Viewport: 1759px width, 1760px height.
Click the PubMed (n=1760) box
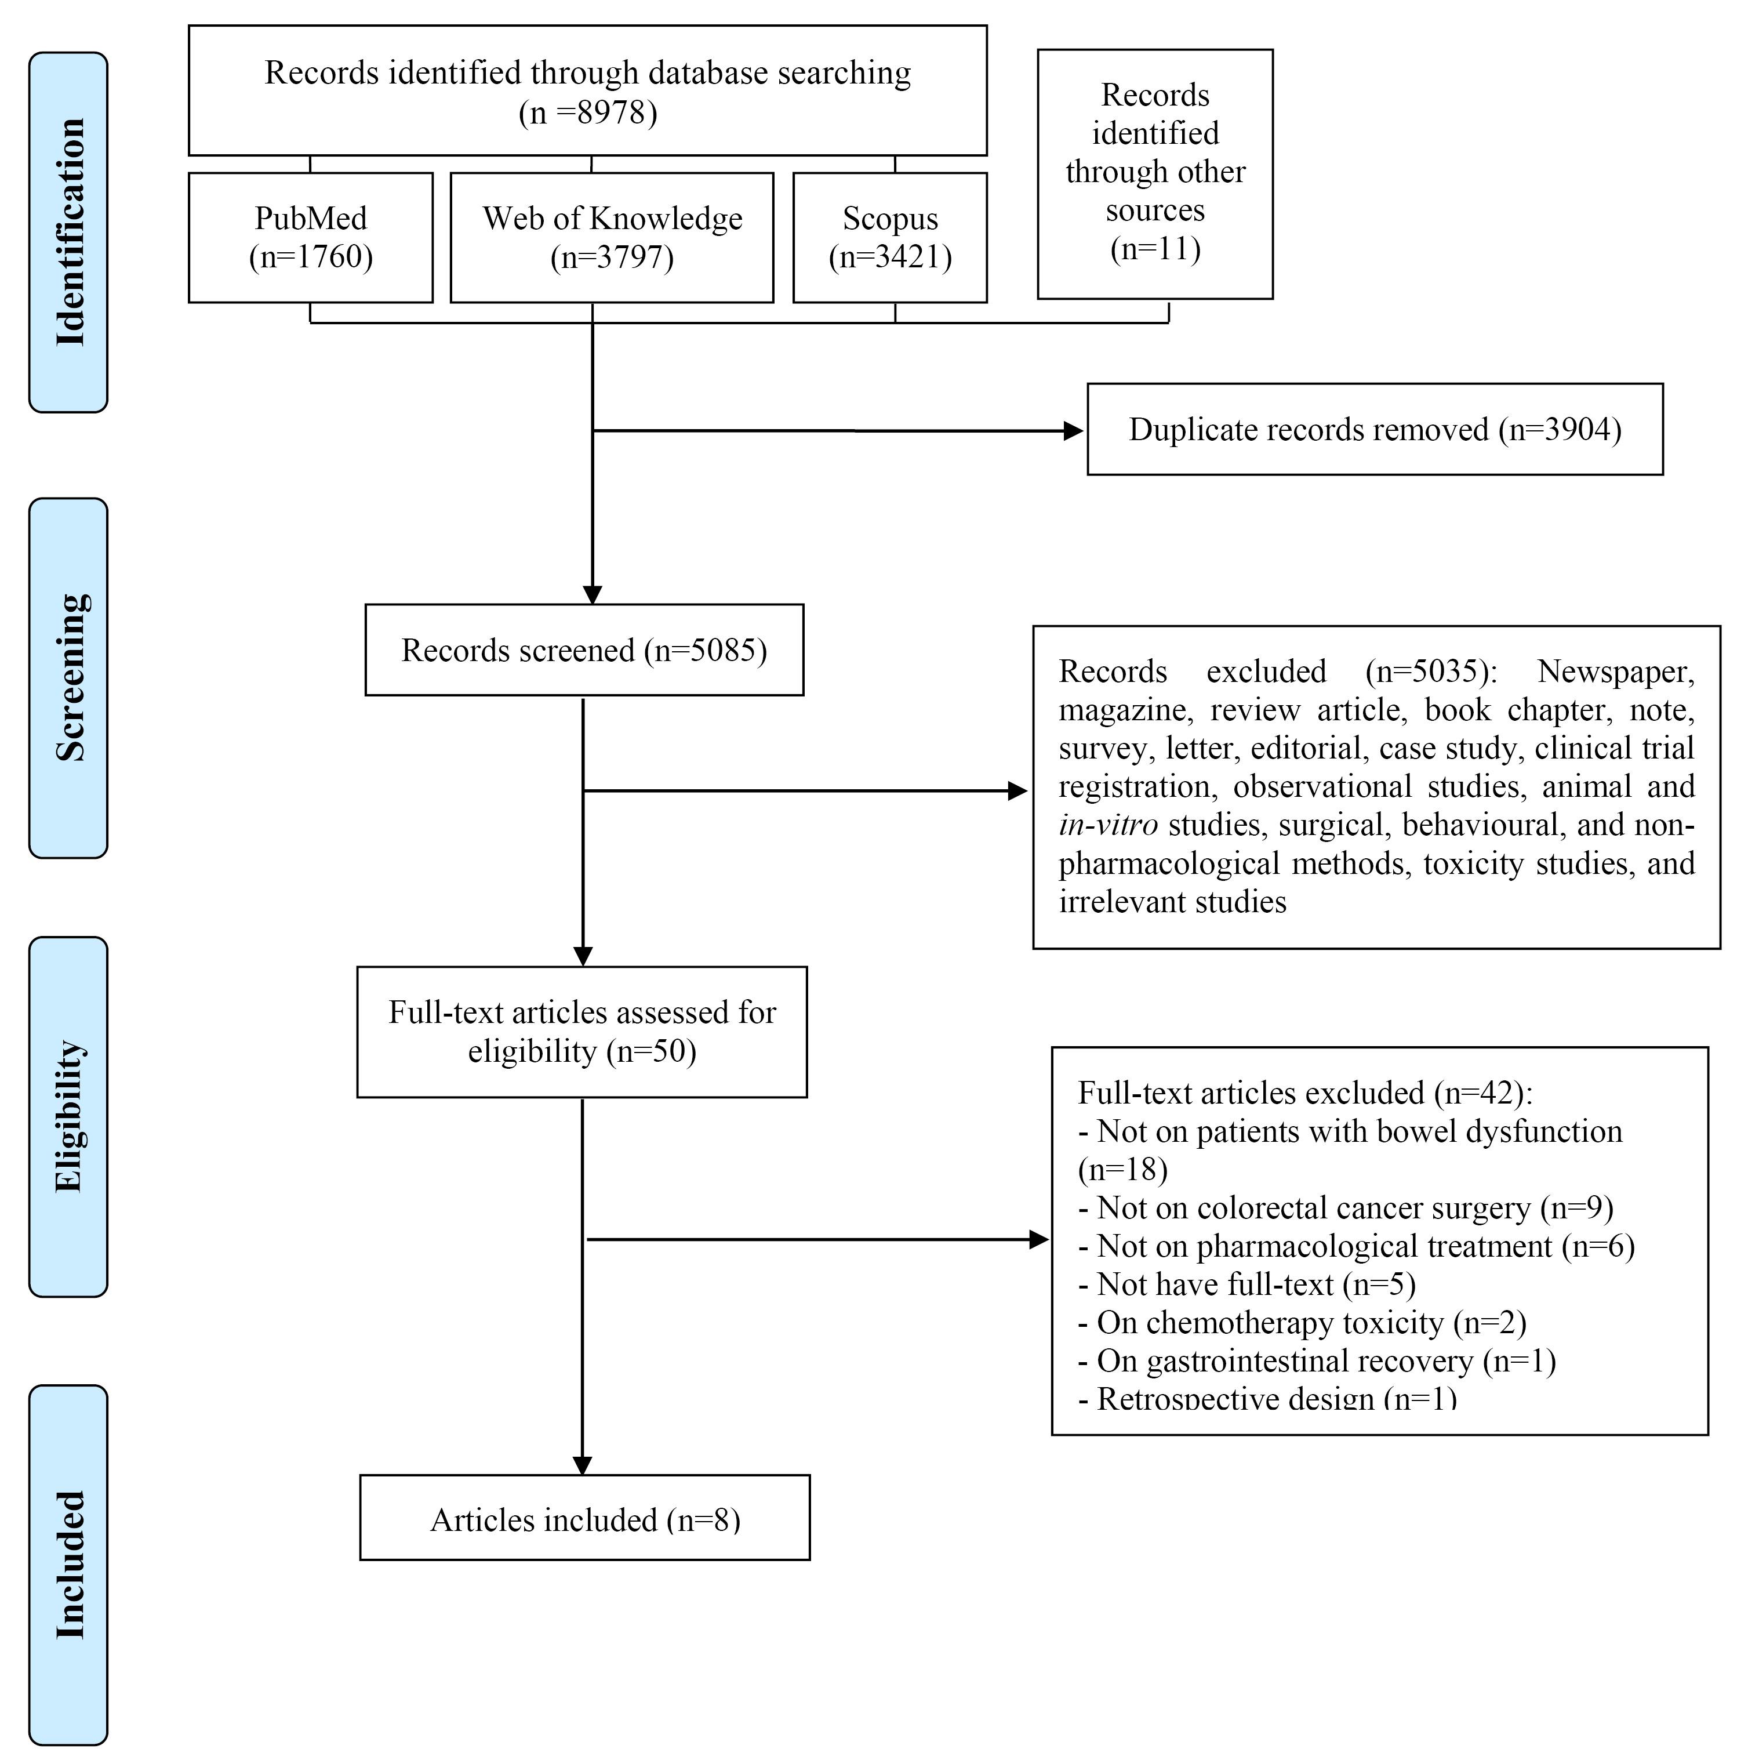[x=311, y=238]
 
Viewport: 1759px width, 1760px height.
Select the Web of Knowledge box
[x=612, y=238]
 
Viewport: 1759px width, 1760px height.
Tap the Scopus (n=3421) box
[x=890, y=238]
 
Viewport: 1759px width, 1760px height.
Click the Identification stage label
[x=68, y=233]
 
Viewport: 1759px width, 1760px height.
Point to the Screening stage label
[x=68, y=678]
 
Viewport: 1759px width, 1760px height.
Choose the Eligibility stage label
[x=68, y=1117]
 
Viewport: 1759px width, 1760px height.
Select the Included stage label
[x=68, y=1565]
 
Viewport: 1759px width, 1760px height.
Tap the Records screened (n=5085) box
[x=584, y=649]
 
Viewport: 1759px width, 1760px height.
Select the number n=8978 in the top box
[x=587, y=112]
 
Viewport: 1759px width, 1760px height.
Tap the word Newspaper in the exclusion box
[x=1616, y=672]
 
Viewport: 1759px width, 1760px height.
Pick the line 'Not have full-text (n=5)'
[x=1247, y=1283]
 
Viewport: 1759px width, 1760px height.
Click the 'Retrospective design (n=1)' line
[x=1267, y=1398]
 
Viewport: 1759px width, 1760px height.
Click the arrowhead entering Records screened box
[x=592, y=594]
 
